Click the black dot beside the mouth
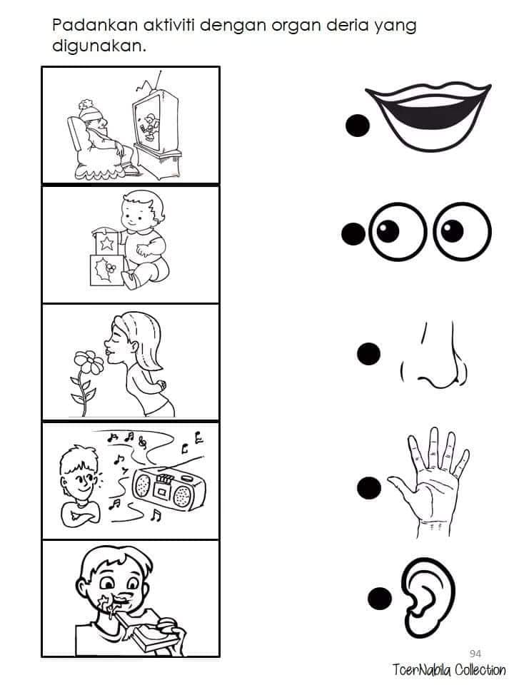(x=358, y=126)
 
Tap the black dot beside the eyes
(x=353, y=234)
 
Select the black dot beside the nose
(x=368, y=353)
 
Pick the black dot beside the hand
(x=369, y=487)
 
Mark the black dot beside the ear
(x=380, y=599)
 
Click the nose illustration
(x=434, y=356)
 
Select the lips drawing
(x=428, y=116)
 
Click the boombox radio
(x=168, y=489)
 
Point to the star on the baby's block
(x=107, y=243)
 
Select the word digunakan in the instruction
(x=99, y=46)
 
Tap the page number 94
(x=475, y=654)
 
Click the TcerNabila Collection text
(x=448, y=670)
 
